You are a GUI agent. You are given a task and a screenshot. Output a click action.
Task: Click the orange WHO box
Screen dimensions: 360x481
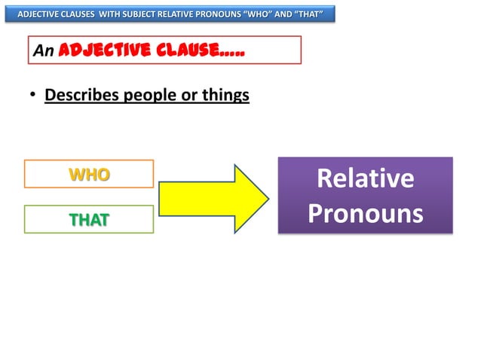click(89, 174)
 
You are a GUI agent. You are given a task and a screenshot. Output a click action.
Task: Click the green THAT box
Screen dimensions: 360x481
click(89, 219)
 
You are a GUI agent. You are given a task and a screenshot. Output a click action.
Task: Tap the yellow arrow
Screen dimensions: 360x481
click(207, 197)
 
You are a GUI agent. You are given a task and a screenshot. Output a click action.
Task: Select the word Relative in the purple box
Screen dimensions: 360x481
click(366, 178)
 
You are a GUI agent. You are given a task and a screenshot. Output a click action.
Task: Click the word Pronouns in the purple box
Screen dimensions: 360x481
click(366, 213)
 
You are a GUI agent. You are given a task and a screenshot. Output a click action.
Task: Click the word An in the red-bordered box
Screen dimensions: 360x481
click(44, 51)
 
